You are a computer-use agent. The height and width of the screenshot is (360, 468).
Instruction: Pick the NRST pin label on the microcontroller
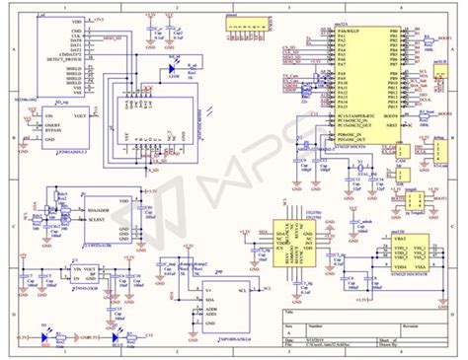389,125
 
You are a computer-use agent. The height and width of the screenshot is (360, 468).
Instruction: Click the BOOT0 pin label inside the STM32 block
389,114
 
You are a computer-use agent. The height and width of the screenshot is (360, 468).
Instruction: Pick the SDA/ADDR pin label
97,209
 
